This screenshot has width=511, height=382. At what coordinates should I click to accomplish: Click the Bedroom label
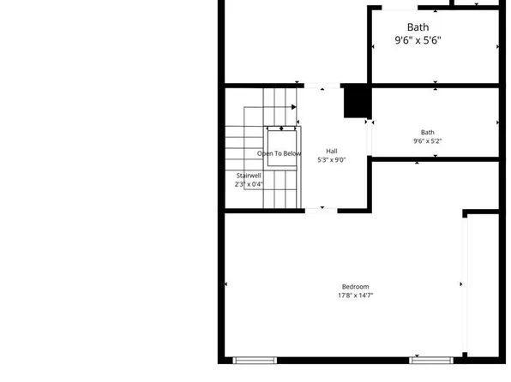tap(355, 286)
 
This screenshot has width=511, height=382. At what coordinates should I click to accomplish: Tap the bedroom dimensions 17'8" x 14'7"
tap(355, 295)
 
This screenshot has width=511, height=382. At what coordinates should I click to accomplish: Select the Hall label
tap(331, 152)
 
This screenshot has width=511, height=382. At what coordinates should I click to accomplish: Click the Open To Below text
tap(280, 154)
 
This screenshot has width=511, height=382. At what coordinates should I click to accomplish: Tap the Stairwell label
tap(249, 176)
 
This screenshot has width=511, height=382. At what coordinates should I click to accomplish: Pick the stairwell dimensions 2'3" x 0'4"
tap(249, 184)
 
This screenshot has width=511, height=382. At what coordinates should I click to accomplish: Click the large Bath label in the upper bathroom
tap(418, 27)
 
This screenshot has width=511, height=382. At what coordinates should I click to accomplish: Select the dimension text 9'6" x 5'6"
tap(418, 40)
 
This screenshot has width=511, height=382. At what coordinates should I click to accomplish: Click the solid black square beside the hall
tap(356, 101)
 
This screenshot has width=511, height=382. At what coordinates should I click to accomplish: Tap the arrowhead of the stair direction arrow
tap(294, 107)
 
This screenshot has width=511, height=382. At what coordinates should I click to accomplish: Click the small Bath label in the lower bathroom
tap(427, 132)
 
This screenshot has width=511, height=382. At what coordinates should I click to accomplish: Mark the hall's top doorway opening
tap(322, 86)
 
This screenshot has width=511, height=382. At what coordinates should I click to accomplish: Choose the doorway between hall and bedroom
tap(322, 210)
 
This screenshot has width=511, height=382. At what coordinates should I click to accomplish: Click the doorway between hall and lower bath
tap(370, 135)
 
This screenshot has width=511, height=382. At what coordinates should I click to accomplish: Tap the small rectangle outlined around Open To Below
tap(281, 147)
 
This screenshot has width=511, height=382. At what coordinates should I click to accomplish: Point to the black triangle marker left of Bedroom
tap(226, 284)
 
